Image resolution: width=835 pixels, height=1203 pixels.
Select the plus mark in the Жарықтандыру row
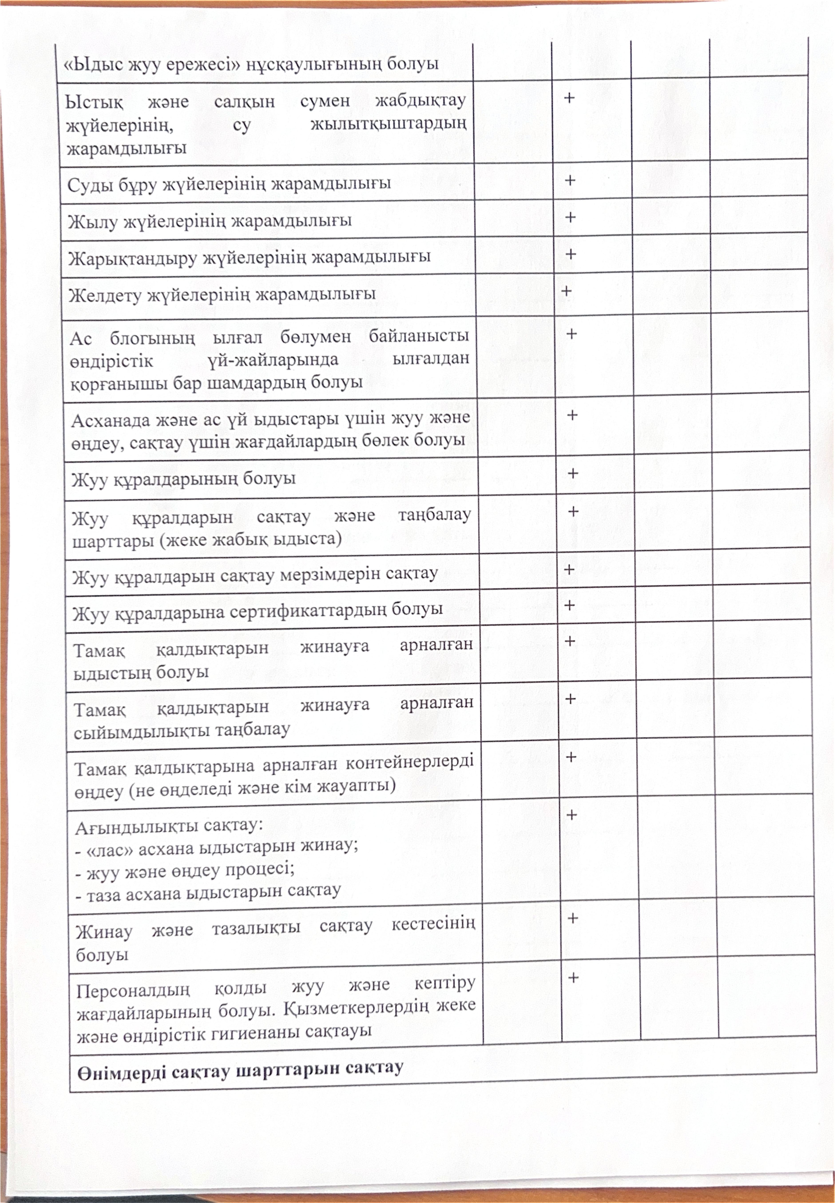click(570, 254)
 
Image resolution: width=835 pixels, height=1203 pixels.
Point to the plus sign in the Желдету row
click(565, 291)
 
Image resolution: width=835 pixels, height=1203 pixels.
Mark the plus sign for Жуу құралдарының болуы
click(572, 473)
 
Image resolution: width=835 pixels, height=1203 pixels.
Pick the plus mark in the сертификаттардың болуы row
click(570, 605)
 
